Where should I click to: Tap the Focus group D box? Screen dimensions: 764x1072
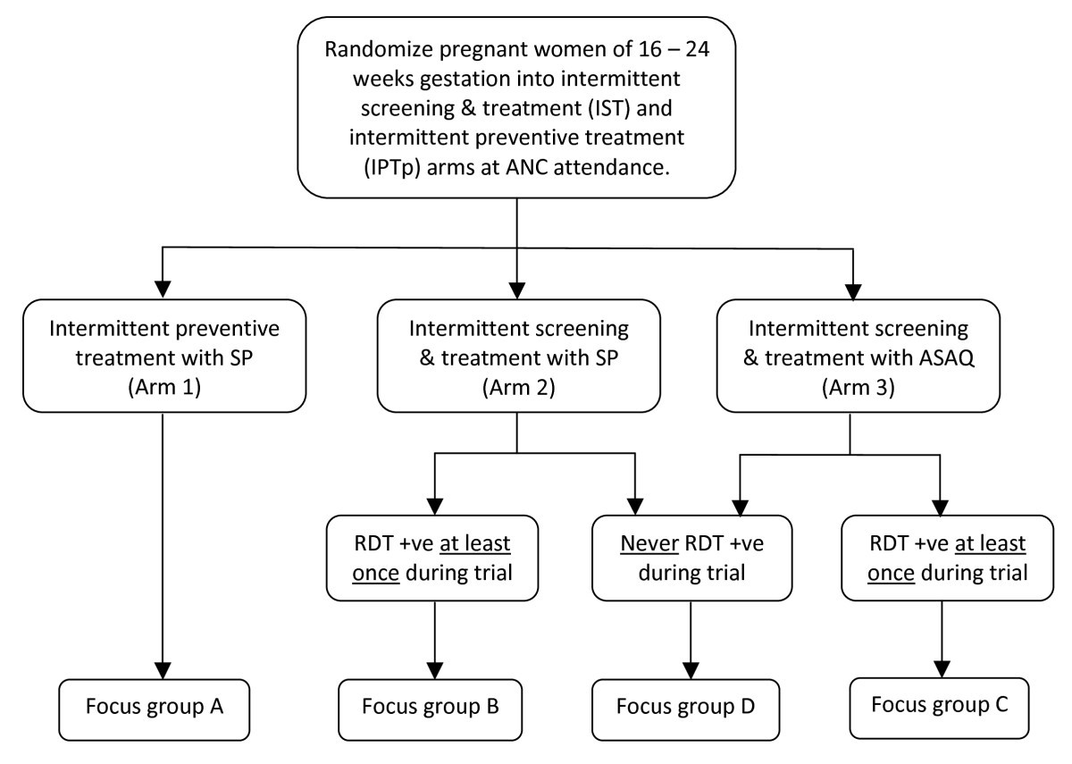point(685,709)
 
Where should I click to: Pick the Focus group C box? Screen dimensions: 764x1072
point(940,706)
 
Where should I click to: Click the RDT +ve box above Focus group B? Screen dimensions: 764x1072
point(435,558)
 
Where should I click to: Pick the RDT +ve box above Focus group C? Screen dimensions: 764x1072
point(940,558)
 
